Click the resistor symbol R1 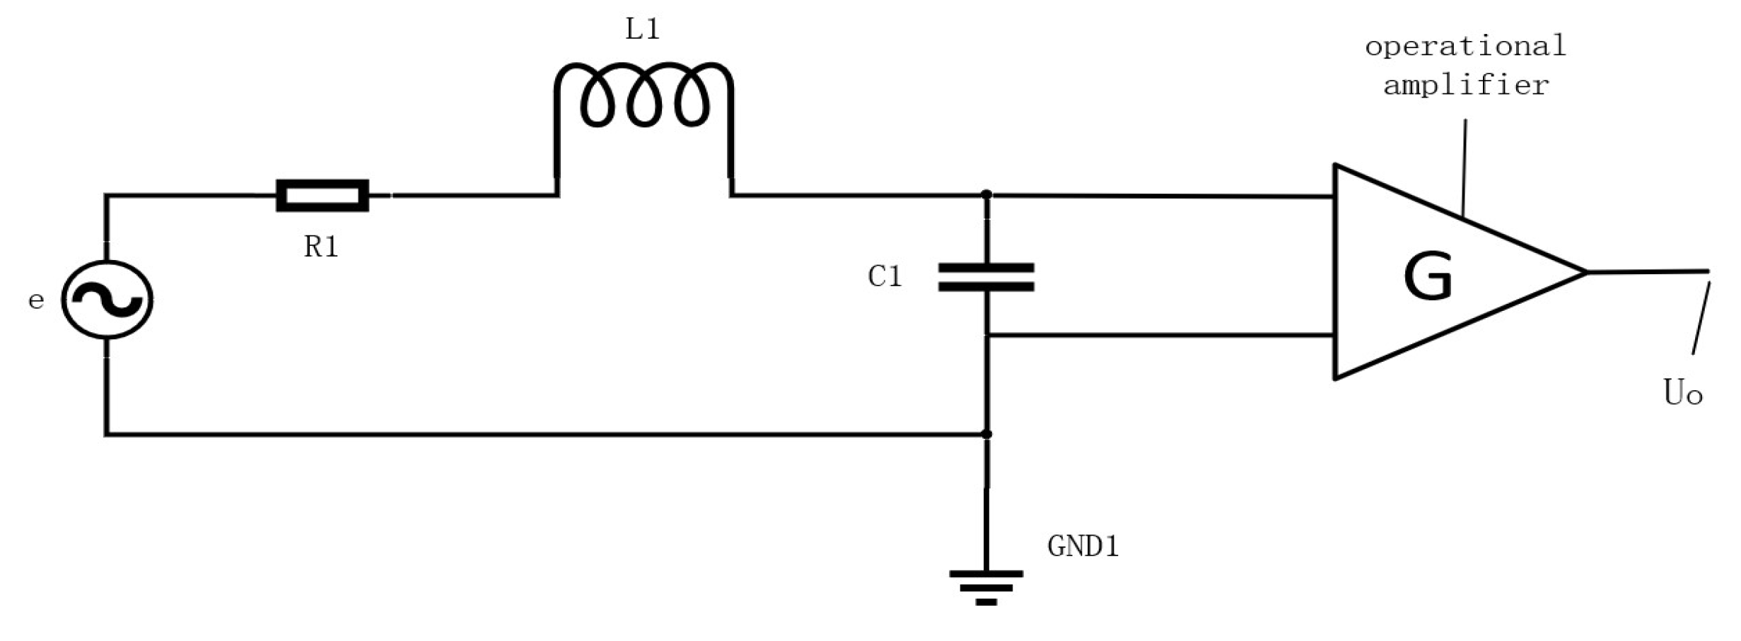322,196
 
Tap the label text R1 321,247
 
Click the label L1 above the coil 642,30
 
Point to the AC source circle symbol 107,300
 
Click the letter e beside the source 35,300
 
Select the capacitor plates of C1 986,277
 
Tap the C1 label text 885,276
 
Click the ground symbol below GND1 986,587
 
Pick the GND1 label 1083,546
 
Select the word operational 1465,47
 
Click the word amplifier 1466,86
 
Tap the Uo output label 1682,393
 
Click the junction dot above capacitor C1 986,194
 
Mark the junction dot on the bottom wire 986,434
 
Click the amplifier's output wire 1648,271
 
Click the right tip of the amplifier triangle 1584,271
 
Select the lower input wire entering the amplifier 1160,334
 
